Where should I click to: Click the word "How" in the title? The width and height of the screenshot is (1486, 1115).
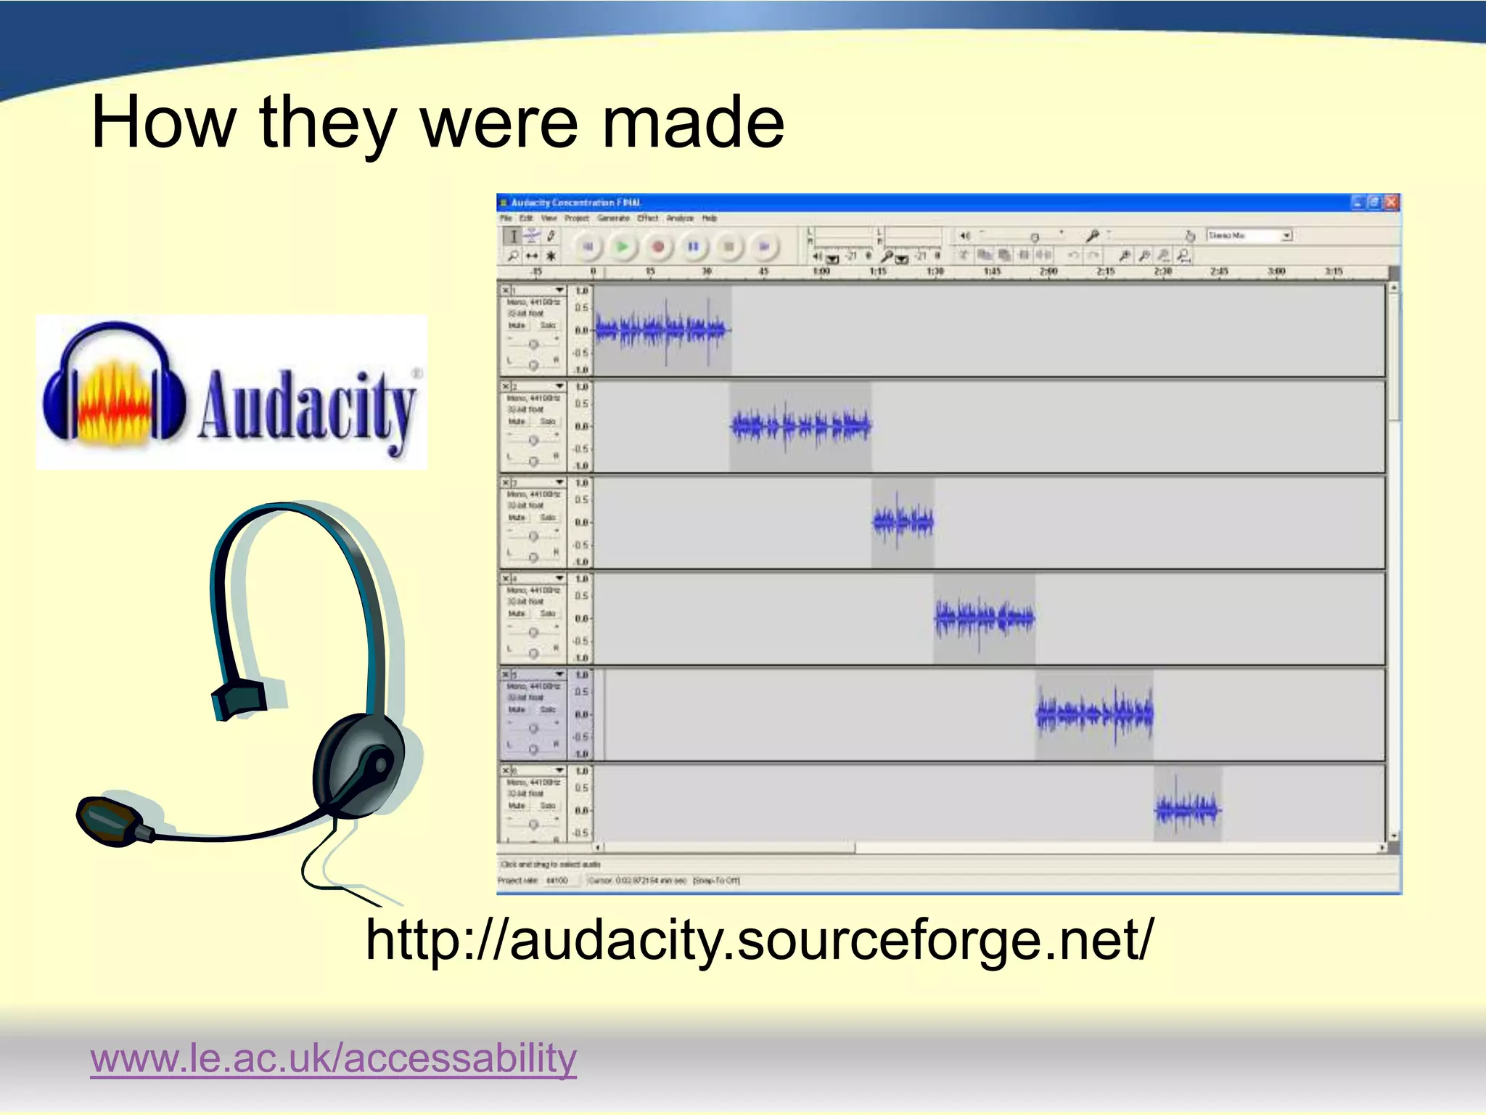pyautogui.click(x=163, y=123)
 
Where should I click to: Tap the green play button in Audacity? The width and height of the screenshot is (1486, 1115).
pyautogui.click(x=622, y=247)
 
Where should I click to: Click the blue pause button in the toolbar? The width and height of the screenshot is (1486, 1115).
pyautogui.click(x=693, y=247)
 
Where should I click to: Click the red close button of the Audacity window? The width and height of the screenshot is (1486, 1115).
pyautogui.click(x=1390, y=203)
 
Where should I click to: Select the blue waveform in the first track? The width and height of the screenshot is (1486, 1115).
pyautogui.click(x=660, y=330)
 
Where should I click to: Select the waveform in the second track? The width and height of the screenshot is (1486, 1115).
pyautogui.click(x=800, y=426)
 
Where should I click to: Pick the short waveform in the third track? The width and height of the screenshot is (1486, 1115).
pyautogui.click(x=903, y=521)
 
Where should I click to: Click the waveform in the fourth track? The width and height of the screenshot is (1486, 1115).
pyautogui.click(x=984, y=618)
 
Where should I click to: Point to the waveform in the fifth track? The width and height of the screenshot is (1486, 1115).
pyautogui.click(x=1094, y=714)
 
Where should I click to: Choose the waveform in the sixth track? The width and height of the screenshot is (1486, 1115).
pyautogui.click(x=1187, y=809)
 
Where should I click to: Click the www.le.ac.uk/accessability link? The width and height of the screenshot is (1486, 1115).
pyautogui.click(x=333, y=1058)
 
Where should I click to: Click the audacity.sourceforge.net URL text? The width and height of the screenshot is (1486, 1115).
pyautogui.click(x=758, y=940)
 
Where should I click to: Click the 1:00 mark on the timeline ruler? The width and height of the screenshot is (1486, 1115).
pyautogui.click(x=821, y=271)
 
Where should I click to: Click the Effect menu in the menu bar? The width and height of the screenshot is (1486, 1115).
pyautogui.click(x=647, y=218)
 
